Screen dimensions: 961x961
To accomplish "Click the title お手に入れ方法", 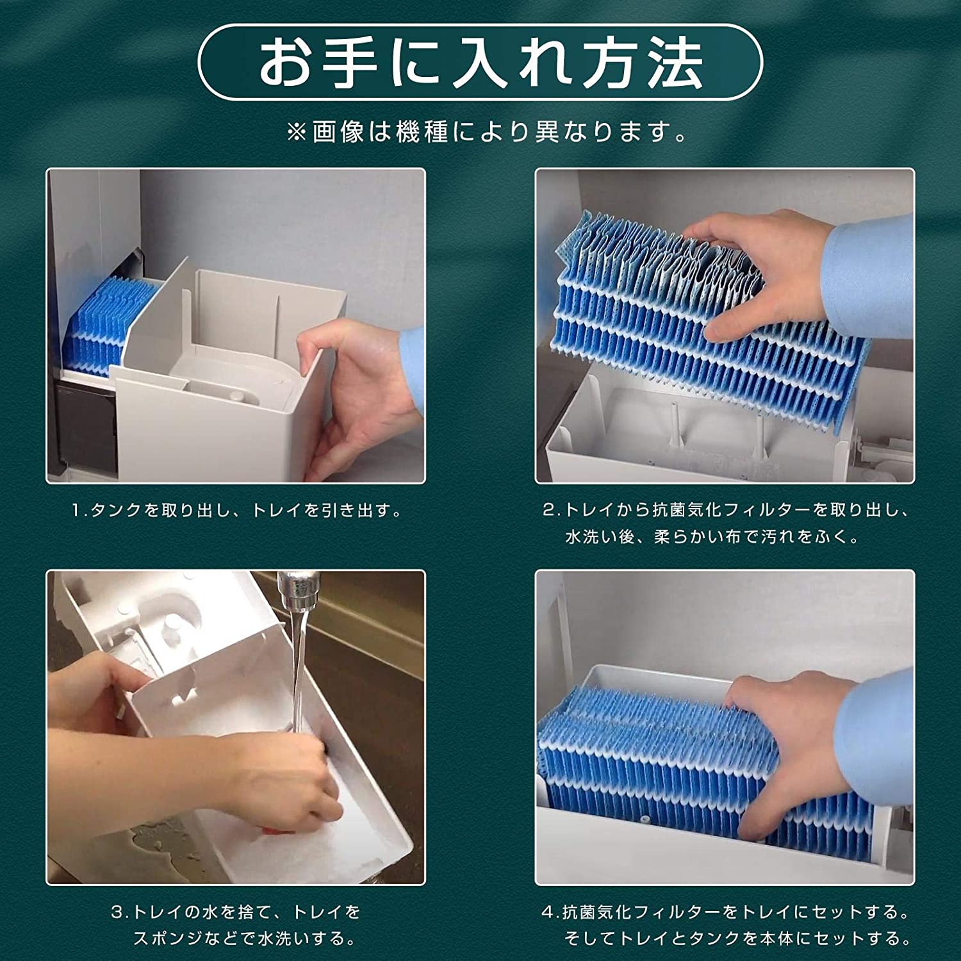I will click(x=480, y=62).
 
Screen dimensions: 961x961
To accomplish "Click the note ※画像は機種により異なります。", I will click(x=487, y=133).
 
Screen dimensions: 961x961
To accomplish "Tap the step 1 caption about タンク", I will click(x=237, y=511).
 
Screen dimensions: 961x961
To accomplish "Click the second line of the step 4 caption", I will click(x=737, y=939).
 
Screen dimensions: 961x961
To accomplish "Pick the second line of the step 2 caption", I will click(x=711, y=537).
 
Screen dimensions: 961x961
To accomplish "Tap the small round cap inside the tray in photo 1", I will click(x=238, y=397).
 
